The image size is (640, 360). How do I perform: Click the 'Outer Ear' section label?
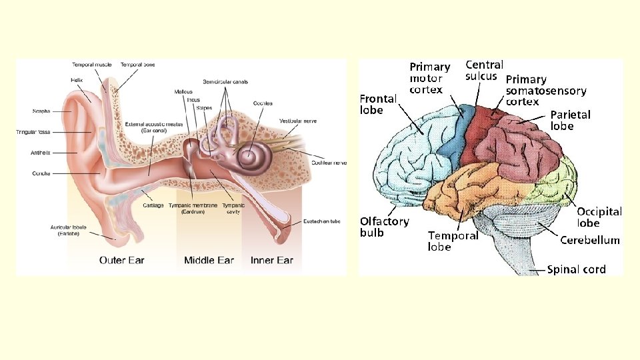click(121, 260)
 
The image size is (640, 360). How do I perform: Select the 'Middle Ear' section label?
click(209, 260)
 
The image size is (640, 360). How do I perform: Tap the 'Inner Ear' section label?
click(271, 260)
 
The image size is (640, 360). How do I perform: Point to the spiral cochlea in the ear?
click(255, 157)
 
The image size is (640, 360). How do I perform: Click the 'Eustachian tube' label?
click(322, 221)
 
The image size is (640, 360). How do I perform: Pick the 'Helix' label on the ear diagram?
click(77, 80)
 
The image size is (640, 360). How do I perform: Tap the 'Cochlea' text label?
click(262, 103)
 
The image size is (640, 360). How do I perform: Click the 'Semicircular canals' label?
click(225, 82)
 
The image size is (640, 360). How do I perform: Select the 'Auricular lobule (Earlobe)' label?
click(65, 231)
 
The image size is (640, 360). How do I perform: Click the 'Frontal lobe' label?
click(378, 104)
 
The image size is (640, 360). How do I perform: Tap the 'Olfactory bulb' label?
click(384, 227)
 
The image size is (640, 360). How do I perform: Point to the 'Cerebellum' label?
click(589, 240)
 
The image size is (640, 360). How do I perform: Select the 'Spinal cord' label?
click(576, 269)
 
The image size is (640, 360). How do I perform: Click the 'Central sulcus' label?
click(483, 70)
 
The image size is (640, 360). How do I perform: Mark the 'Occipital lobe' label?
click(599, 217)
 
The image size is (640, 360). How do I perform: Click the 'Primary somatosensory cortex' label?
click(545, 91)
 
